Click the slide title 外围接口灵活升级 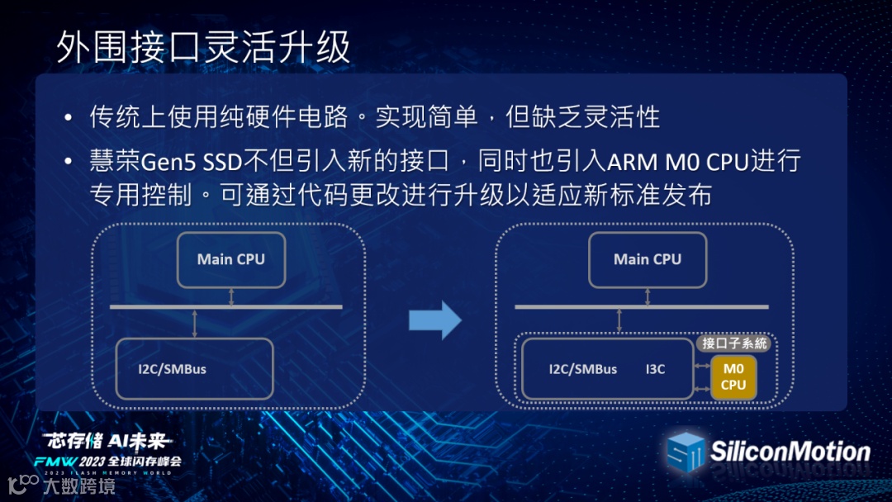(203, 48)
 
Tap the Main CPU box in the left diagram (231, 259)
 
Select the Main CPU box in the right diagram (648, 259)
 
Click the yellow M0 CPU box (733, 376)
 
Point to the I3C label (656, 369)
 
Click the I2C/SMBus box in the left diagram (195, 368)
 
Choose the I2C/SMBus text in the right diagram (582, 369)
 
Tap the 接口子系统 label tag (734, 343)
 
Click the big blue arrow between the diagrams (435, 320)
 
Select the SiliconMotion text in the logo (790, 451)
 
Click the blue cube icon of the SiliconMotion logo (686, 452)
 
